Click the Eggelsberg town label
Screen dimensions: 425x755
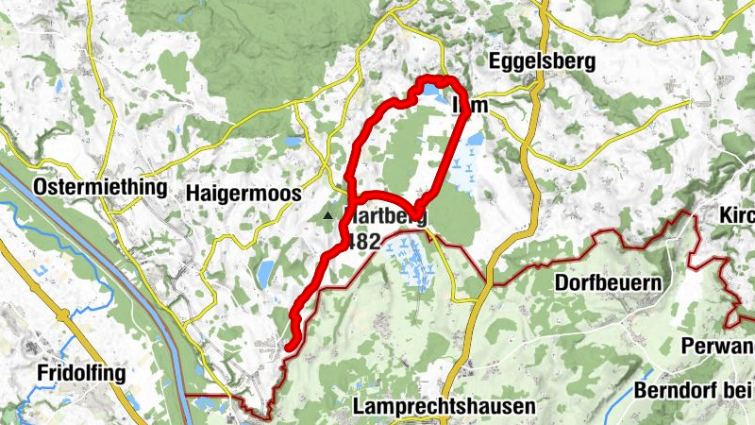(x=542, y=61)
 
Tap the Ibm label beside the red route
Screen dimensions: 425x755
(x=472, y=105)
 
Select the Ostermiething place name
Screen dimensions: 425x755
(x=100, y=188)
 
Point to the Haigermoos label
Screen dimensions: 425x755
(x=243, y=193)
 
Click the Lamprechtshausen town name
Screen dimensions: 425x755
(x=444, y=406)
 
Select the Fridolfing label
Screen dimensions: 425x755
(x=81, y=373)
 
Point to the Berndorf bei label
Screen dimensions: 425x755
(x=694, y=390)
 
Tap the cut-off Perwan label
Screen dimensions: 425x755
(x=722, y=345)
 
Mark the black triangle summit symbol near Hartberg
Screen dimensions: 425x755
(x=328, y=216)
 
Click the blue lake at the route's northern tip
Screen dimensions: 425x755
(x=432, y=91)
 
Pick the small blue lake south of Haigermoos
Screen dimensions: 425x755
(x=266, y=273)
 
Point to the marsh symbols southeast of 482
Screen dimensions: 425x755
(x=411, y=260)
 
